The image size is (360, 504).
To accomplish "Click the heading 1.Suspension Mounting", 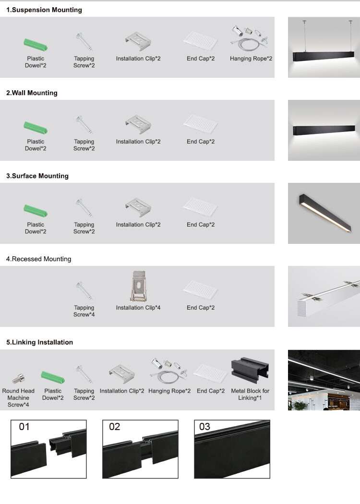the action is pyautogui.click(x=44, y=10).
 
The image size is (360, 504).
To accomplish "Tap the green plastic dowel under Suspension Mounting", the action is pyautogui.click(x=36, y=44).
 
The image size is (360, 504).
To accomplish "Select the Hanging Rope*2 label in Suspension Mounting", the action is pyautogui.click(x=251, y=59).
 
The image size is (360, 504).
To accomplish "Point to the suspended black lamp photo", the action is pyautogui.click(x=324, y=47).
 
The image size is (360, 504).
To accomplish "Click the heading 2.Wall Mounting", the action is pyautogui.click(x=32, y=93).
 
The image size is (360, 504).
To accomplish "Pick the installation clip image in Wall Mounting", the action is pyautogui.click(x=138, y=124).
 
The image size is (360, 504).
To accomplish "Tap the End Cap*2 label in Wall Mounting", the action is pyautogui.click(x=201, y=142).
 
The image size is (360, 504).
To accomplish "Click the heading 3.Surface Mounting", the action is pyautogui.click(x=37, y=176).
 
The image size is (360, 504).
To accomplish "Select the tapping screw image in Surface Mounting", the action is pyautogui.click(x=84, y=207).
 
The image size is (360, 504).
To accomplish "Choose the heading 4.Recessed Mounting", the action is pyautogui.click(x=38, y=259).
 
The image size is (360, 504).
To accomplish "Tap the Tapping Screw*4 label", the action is pyautogui.click(x=84, y=311).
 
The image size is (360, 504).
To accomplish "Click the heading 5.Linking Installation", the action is pyautogui.click(x=39, y=342).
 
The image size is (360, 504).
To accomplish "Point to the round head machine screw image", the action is pyautogui.click(x=19, y=379).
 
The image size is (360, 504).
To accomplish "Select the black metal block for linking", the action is pyautogui.click(x=250, y=370).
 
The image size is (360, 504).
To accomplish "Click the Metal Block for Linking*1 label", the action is pyautogui.click(x=250, y=395).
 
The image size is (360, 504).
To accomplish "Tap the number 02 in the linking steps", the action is pyautogui.click(x=114, y=427).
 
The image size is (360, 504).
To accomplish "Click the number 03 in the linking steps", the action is pyautogui.click(x=205, y=427).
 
